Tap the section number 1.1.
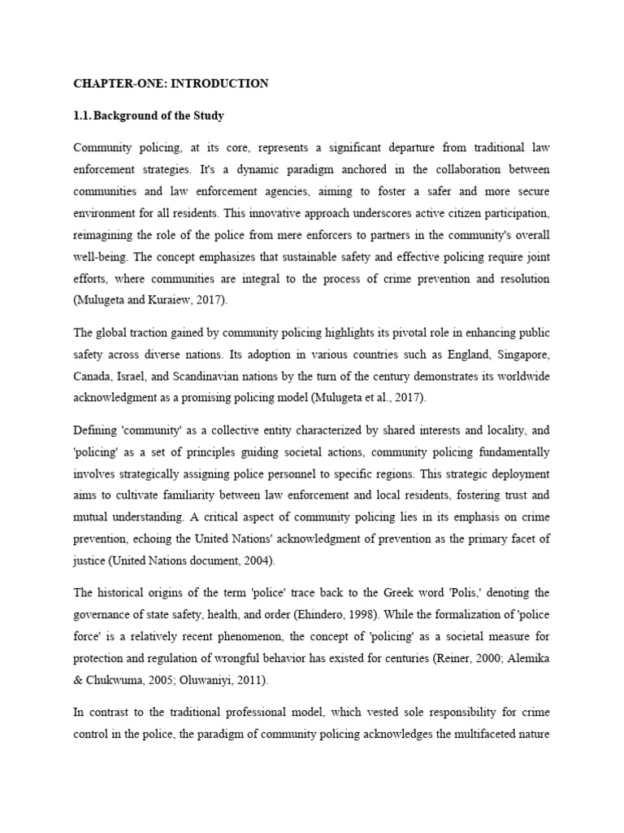tap(82, 116)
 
